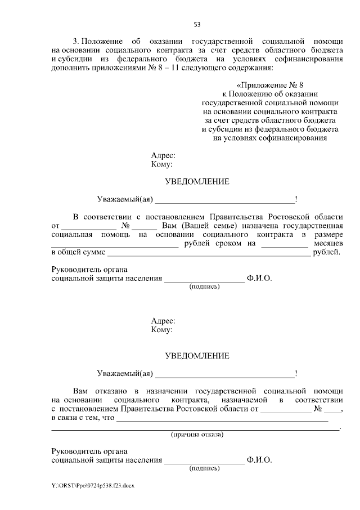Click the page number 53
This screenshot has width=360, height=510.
coord(197,24)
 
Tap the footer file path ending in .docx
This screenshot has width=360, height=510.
coord(92,485)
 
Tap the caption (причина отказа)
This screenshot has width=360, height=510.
coord(197,435)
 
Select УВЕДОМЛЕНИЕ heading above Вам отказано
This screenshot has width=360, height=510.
coord(197,356)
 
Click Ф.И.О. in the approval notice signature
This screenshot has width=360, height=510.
coord(259,278)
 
